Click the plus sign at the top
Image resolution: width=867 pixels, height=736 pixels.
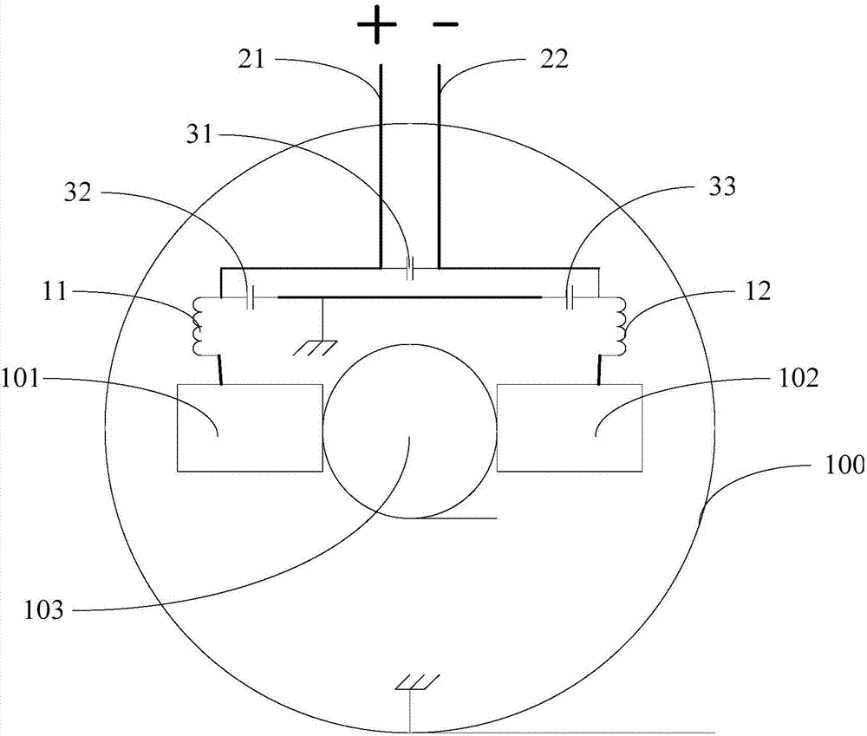point(376,24)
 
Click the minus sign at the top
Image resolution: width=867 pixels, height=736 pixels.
point(445,24)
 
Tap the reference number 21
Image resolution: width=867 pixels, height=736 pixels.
point(252,59)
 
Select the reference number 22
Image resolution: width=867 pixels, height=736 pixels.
point(555,59)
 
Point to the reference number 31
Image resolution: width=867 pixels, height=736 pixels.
point(199,134)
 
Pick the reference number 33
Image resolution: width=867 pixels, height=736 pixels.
point(722,186)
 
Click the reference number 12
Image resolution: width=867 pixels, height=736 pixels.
point(758,291)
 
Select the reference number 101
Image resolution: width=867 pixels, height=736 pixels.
point(20,380)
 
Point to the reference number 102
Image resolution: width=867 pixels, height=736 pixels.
point(799,379)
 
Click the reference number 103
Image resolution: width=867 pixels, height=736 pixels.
point(43,611)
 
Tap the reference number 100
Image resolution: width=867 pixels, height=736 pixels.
point(844,465)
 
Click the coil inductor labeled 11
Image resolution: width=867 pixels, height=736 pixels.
point(198,326)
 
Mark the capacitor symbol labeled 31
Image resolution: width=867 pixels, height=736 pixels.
point(410,268)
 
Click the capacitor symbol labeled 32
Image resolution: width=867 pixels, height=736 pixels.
point(250,297)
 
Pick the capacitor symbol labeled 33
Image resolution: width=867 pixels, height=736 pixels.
point(570,297)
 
